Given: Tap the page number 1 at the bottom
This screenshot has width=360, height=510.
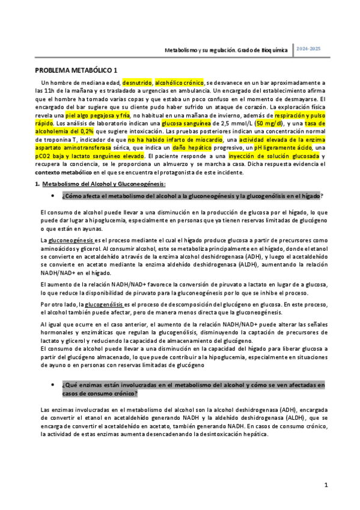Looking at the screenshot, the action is (325, 484).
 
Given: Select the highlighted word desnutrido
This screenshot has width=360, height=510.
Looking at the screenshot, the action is (137, 82).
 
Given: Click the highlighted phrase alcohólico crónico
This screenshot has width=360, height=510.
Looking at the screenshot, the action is (179, 82).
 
